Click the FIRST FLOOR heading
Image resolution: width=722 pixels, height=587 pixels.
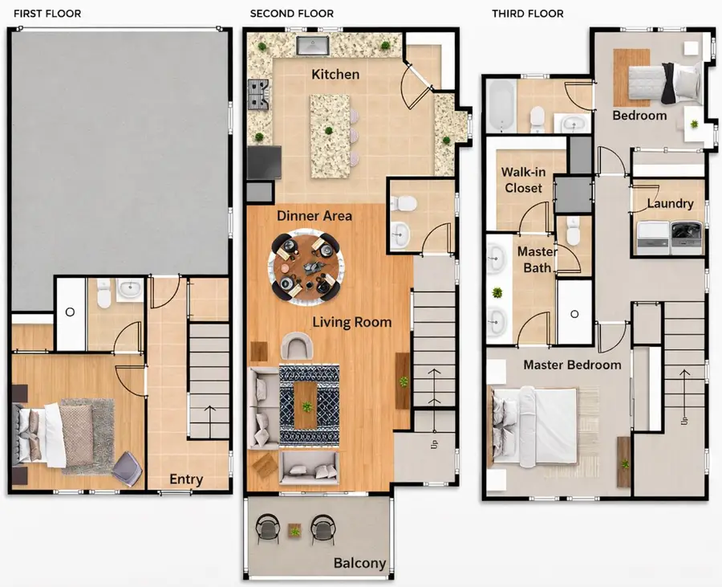point(47,14)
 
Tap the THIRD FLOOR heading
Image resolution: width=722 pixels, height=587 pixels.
point(528,14)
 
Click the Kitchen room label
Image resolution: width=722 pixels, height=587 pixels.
point(335,75)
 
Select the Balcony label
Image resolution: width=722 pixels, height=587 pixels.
point(360,563)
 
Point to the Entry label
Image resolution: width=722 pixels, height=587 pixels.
point(186,479)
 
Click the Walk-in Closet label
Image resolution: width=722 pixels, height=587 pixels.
point(521,180)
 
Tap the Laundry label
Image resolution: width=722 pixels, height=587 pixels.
point(670,204)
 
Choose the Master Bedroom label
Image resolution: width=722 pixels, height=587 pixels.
point(572,365)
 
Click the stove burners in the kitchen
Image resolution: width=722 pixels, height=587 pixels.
point(259,95)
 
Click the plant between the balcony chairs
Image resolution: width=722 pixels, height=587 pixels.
point(295,530)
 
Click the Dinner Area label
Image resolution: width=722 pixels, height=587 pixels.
point(314,216)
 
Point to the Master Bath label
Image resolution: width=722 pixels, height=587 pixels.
point(537,259)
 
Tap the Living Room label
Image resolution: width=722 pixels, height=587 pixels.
point(351,322)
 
